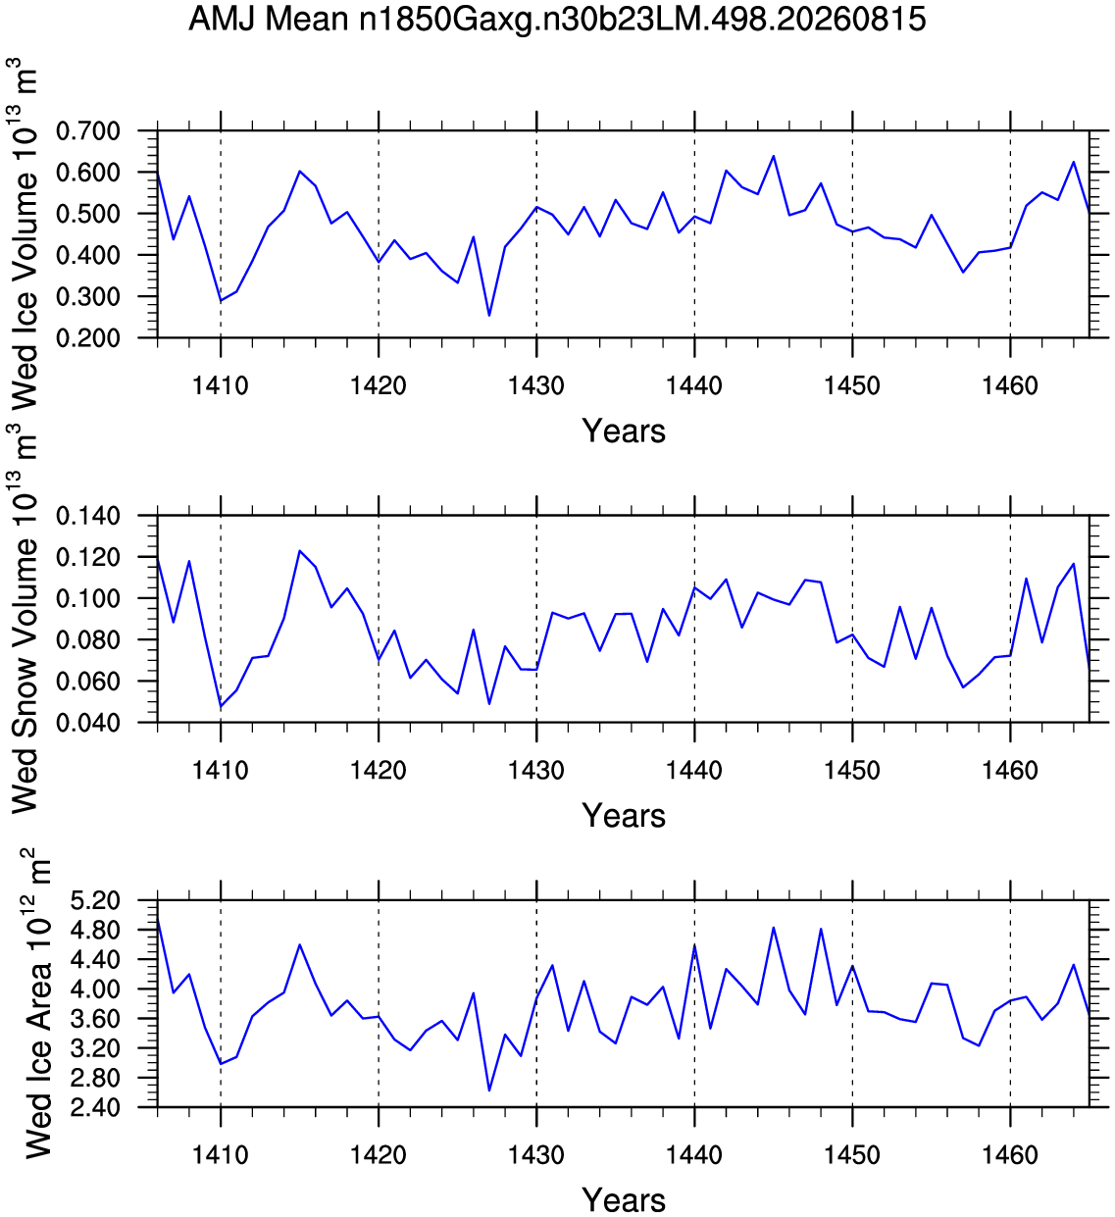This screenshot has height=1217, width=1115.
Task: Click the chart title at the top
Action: pyautogui.click(x=557, y=20)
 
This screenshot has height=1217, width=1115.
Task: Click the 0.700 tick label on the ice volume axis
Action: pyautogui.click(x=88, y=131)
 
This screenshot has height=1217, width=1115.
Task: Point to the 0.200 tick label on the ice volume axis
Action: pyautogui.click(x=88, y=338)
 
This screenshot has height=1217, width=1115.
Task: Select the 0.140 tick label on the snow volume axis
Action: pyautogui.click(x=88, y=516)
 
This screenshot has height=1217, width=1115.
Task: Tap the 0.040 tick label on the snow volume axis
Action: pyautogui.click(x=88, y=723)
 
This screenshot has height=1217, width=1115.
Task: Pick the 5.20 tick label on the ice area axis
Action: pyautogui.click(x=95, y=901)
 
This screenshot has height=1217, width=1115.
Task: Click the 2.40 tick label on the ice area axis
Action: pyautogui.click(x=95, y=1108)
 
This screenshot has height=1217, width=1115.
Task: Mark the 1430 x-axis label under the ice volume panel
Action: pyautogui.click(x=536, y=385)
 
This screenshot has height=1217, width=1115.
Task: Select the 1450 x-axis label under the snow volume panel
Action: pyautogui.click(x=851, y=771)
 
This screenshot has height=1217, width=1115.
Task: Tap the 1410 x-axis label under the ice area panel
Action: pyautogui.click(x=221, y=1155)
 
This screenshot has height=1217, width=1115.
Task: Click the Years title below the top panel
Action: pyautogui.click(x=624, y=431)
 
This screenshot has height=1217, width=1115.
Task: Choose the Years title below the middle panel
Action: pyautogui.click(x=624, y=816)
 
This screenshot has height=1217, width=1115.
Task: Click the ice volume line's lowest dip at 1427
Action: pyautogui.click(x=489, y=316)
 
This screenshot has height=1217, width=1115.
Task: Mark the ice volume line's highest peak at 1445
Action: pyautogui.click(x=774, y=156)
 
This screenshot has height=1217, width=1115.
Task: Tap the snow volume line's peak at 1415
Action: pyautogui.click(x=299, y=551)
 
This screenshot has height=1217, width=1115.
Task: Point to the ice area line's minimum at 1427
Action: pyautogui.click(x=489, y=1090)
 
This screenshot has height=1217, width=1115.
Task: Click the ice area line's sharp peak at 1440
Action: pyautogui.click(x=694, y=945)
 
